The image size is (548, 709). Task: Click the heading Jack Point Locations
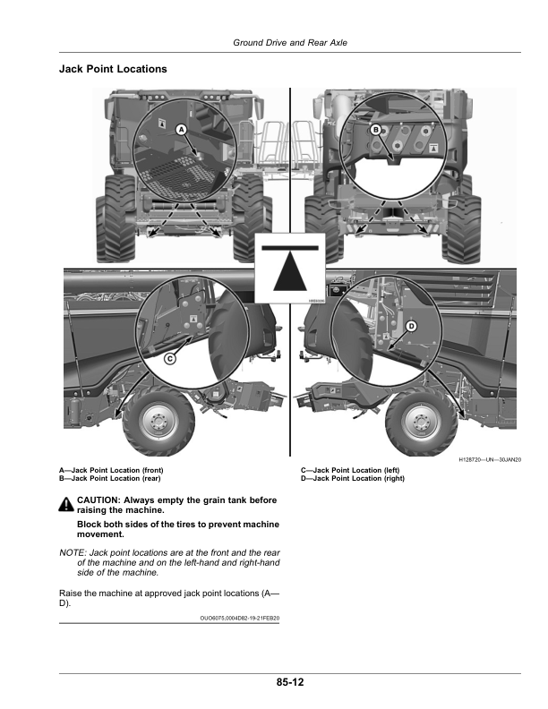pyautogui.click(x=113, y=69)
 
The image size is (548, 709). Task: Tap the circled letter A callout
pyautogui.click(x=181, y=130)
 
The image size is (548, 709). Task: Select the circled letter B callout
pyautogui.click(x=375, y=130)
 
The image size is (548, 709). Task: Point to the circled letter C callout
pyautogui.click(x=169, y=359)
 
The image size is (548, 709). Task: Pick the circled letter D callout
pyautogui.click(x=411, y=327)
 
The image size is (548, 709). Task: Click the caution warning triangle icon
pyautogui.click(x=66, y=505)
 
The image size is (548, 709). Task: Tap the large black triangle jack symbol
pyautogui.click(x=290, y=272)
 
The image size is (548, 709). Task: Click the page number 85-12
pyautogui.click(x=290, y=682)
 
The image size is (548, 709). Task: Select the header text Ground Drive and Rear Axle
pyautogui.click(x=290, y=42)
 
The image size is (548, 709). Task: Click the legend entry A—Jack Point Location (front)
pyautogui.click(x=111, y=470)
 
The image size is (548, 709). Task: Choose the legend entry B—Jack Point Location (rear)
pyautogui.click(x=110, y=478)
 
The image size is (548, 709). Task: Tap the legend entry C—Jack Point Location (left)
pyautogui.click(x=350, y=470)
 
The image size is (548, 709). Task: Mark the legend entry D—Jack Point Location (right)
pyautogui.click(x=353, y=478)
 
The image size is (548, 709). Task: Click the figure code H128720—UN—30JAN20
pyautogui.click(x=490, y=460)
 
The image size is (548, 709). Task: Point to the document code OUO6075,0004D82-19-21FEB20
pyautogui.click(x=240, y=618)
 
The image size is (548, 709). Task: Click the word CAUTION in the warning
pyautogui.click(x=98, y=500)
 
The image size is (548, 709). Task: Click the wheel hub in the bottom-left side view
pyautogui.click(x=158, y=421)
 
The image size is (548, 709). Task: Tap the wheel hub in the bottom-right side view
pyautogui.click(x=421, y=422)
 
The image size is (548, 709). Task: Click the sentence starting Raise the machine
pyautogui.click(x=169, y=598)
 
